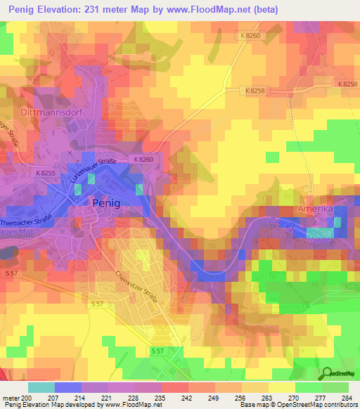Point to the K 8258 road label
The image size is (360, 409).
click(258, 91)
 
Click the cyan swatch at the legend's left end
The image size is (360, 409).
click(41, 387)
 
